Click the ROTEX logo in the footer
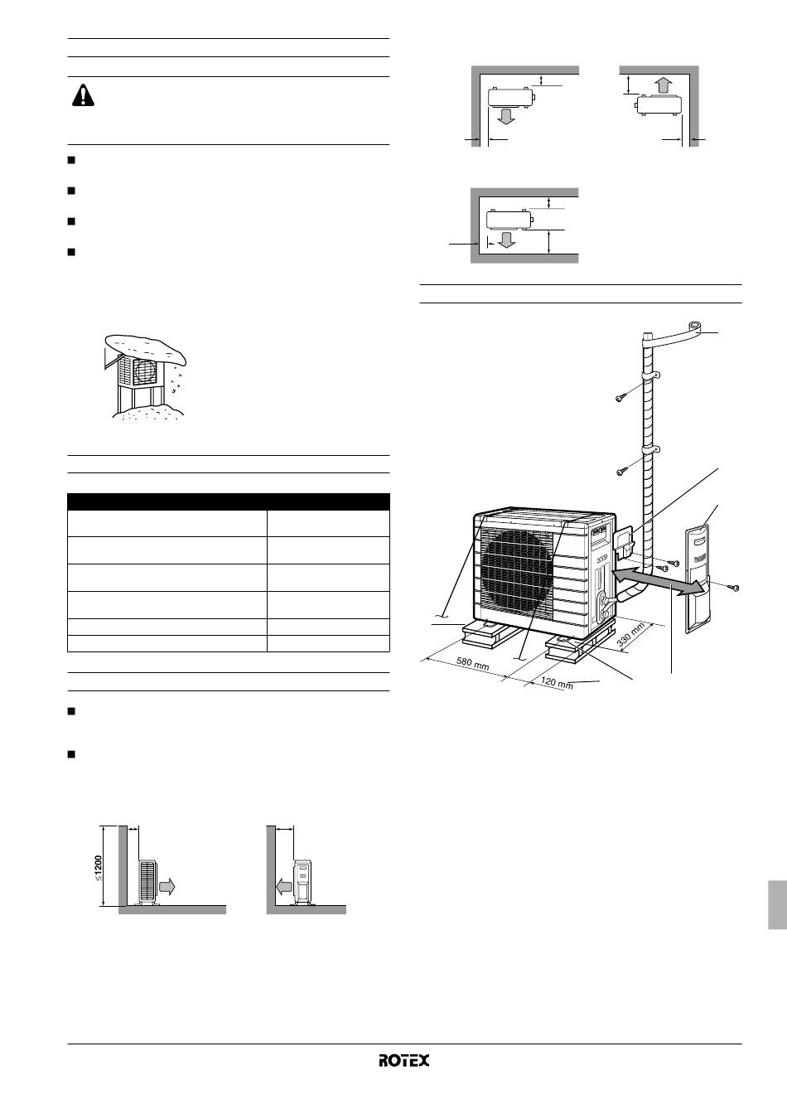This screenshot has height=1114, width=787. point(403,1060)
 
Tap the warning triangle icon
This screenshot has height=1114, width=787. point(83,95)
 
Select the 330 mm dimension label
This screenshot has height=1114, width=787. point(630,635)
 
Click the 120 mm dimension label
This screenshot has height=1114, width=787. point(557,682)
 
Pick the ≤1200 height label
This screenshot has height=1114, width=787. point(99,868)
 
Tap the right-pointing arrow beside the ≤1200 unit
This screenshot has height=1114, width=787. point(167,887)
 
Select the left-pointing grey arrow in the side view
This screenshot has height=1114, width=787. point(284,886)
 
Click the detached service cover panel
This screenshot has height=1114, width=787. point(698,580)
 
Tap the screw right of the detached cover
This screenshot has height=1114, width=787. point(733,588)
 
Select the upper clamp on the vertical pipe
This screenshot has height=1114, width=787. point(650,375)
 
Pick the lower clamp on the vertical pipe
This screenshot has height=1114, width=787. point(650,449)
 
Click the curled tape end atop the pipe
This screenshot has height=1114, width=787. point(694,327)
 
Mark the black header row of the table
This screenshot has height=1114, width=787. point(228,501)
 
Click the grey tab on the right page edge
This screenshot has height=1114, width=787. point(778,904)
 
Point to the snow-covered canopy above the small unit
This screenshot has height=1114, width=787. point(145,346)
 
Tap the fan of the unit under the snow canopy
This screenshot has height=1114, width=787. point(145,371)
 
